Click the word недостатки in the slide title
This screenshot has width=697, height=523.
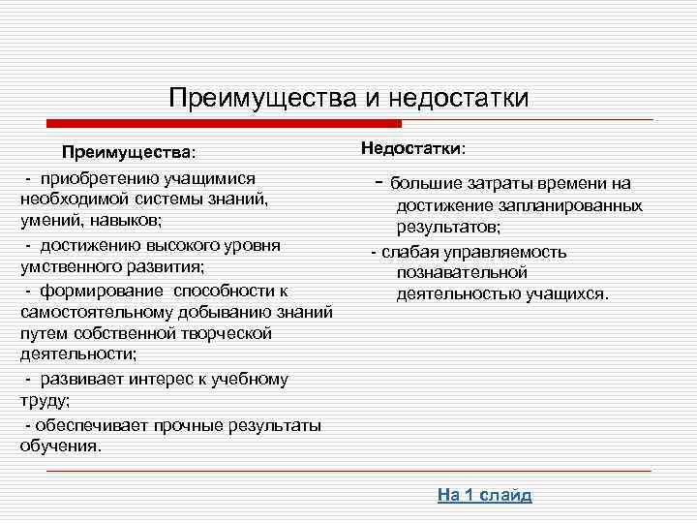[x=459, y=99]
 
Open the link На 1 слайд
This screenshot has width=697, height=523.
[x=485, y=495]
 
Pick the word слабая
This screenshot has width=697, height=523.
[x=405, y=252]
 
